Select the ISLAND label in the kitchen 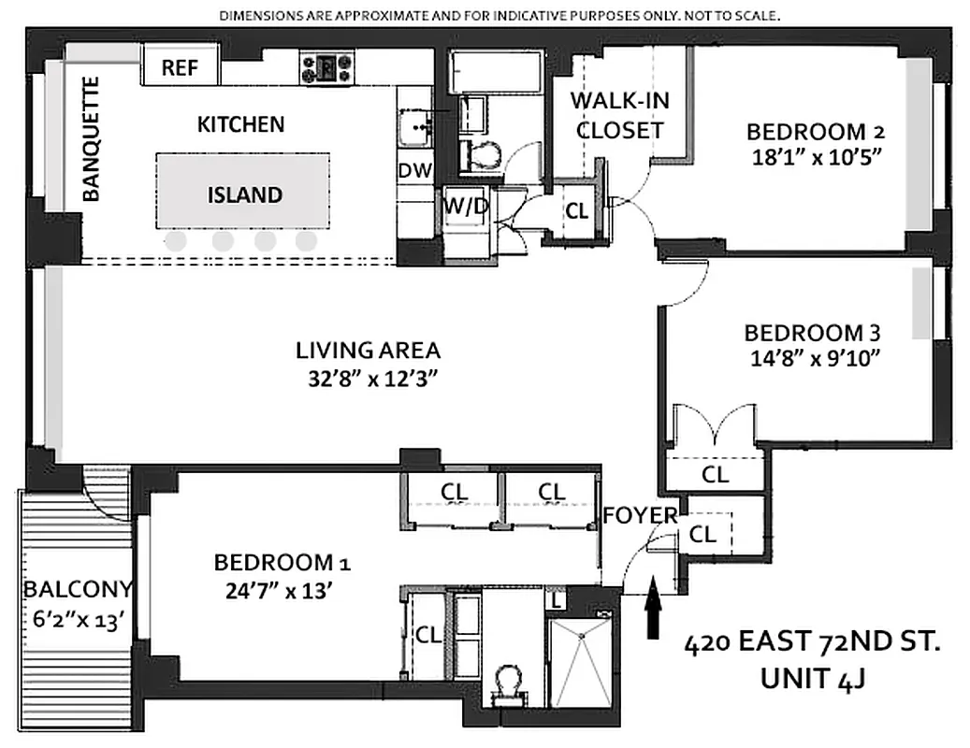pos(244,194)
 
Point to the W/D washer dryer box pos(465,206)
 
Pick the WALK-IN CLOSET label pos(619,116)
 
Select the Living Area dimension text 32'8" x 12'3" pos(368,379)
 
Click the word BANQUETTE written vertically pos(91,140)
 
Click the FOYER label pos(640,515)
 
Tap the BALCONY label pos(78,590)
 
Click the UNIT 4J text pos(811,678)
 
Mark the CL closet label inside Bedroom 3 pos(715,475)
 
